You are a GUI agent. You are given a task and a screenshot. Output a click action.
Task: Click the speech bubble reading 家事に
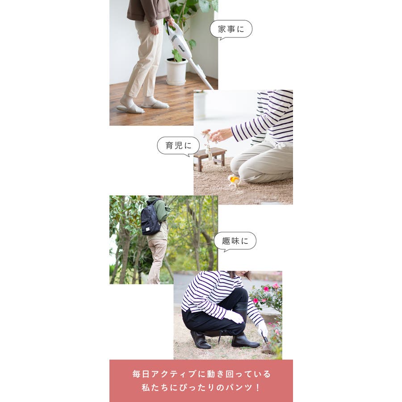point(231,29)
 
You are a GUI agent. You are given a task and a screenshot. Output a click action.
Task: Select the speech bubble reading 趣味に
point(235,241)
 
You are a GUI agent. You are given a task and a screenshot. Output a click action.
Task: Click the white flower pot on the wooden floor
point(176,71)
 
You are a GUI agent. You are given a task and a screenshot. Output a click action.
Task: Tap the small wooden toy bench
point(210,158)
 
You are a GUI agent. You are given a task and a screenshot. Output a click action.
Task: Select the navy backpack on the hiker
point(151,218)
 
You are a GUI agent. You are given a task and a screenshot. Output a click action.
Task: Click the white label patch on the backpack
point(148,230)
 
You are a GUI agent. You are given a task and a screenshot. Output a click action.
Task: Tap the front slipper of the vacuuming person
point(130,108)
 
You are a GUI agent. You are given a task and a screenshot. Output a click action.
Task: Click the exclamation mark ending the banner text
point(258,387)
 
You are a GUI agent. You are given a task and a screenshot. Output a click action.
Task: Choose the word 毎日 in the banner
point(141,374)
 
